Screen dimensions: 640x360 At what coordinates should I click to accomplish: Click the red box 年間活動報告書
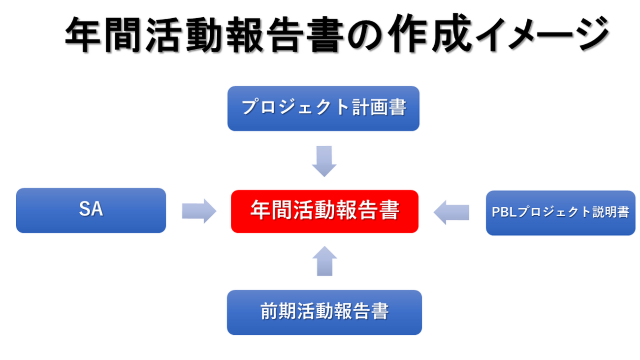pyautogui.click(x=324, y=211)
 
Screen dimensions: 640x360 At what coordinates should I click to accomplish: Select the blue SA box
pyautogui.click(x=91, y=210)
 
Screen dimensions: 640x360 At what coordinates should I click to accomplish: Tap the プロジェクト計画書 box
pyautogui.click(x=323, y=108)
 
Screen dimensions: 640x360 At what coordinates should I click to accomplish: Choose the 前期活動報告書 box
pyautogui.click(x=324, y=312)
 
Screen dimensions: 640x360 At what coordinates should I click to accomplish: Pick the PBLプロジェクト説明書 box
pyautogui.click(x=561, y=213)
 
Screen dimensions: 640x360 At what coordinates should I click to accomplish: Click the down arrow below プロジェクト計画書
pyautogui.click(x=324, y=162)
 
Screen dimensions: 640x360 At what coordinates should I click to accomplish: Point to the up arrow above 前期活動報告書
pyautogui.click(x=324, y=261)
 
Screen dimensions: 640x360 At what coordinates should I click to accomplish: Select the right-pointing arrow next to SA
pyautogui.click(x=199, y=211)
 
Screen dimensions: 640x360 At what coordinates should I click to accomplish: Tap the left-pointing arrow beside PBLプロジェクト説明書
pyautogui.click(x=451, y=212)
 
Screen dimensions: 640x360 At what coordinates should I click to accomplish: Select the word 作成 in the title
pyautogui.click(x=429, y=33)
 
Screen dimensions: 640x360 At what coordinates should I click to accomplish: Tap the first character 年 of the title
pyautogui.click(x=83, y=34)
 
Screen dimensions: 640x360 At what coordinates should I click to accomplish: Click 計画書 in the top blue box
pyautogui.click(x=379, y=107)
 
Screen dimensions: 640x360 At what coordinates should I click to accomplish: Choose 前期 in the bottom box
pyautogui.click(x=278, y=311)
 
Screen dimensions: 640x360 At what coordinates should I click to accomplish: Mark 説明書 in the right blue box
pyautogui.click(x=610, y=212)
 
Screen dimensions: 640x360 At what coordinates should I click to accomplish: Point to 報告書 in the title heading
pyautogui.click(x=284, y=34)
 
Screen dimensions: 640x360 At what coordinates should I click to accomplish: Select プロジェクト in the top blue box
pyautogui.click(x=295, y=107)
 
